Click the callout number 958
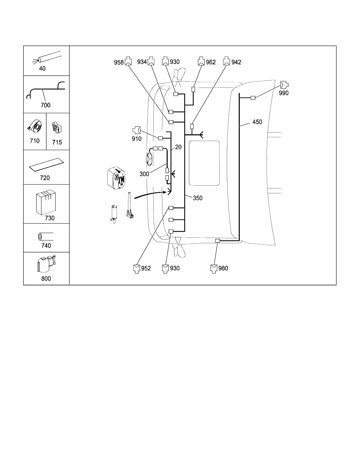(x=118, y=62)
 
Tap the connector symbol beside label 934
(x=151, y=61)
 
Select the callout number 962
(x=211, y=62)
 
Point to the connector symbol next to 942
(x=226, y=61)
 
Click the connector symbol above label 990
(x=284, y=85)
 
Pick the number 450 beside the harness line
(x=257, y=122)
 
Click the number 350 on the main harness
(x=198, y=198)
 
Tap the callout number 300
(x=144, y=174)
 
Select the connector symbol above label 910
(x=137, y=130)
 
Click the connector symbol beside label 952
(x=137, y=269)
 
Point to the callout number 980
(x=223, y=268)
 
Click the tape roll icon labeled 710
(x=34, y=127)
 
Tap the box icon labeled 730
(x=46, y=202)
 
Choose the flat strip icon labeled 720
(x=46, y=165)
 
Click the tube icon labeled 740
(x=46, y=237)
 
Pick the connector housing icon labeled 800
(x=46, y=264)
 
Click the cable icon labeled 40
(x=47, y=57)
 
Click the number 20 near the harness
(x=178, y=147)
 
